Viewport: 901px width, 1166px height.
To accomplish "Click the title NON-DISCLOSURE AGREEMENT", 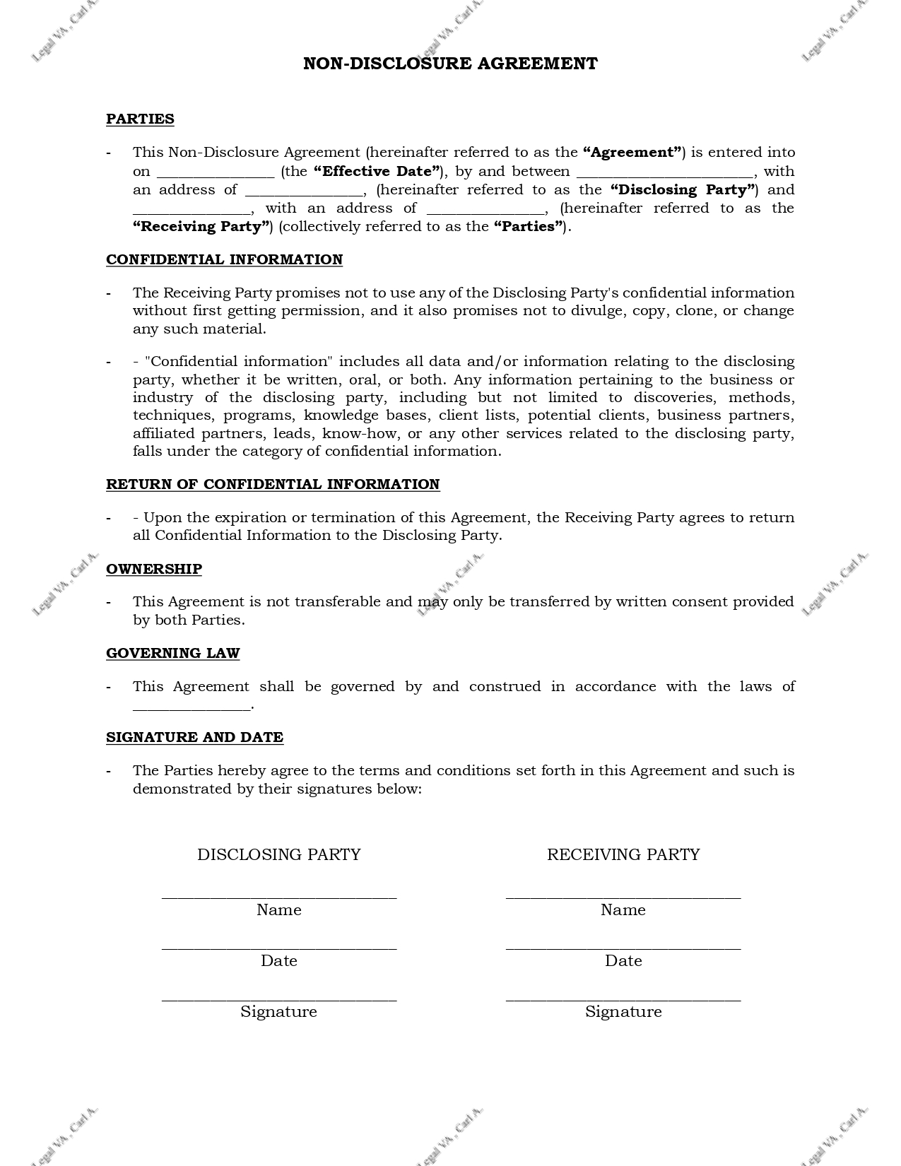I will [x=450, y=64].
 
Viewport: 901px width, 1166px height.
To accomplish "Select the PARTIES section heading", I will [x=140, y=119].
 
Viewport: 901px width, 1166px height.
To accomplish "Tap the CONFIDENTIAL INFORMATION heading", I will [x=224, y=259].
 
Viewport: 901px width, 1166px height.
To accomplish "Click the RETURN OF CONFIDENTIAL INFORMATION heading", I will [x=273, y=484].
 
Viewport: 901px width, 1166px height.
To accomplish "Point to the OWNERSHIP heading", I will [x=154, y=569].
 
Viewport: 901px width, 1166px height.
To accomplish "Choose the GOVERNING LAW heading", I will [x=173, y=653].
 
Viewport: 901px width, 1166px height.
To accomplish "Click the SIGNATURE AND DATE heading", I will [x=194, y=737].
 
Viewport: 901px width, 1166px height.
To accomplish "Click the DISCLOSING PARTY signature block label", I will [x=279, y=854].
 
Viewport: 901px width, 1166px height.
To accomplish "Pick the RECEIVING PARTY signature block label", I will [x=623, y=854].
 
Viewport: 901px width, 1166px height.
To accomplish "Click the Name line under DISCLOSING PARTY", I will [x=279, y=896].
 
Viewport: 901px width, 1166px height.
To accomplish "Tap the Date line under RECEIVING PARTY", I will [x=623, y=947].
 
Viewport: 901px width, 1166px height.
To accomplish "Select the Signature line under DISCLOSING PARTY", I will [x=279, y=998].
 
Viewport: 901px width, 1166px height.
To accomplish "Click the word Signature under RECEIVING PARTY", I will [x=623, y=1012].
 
